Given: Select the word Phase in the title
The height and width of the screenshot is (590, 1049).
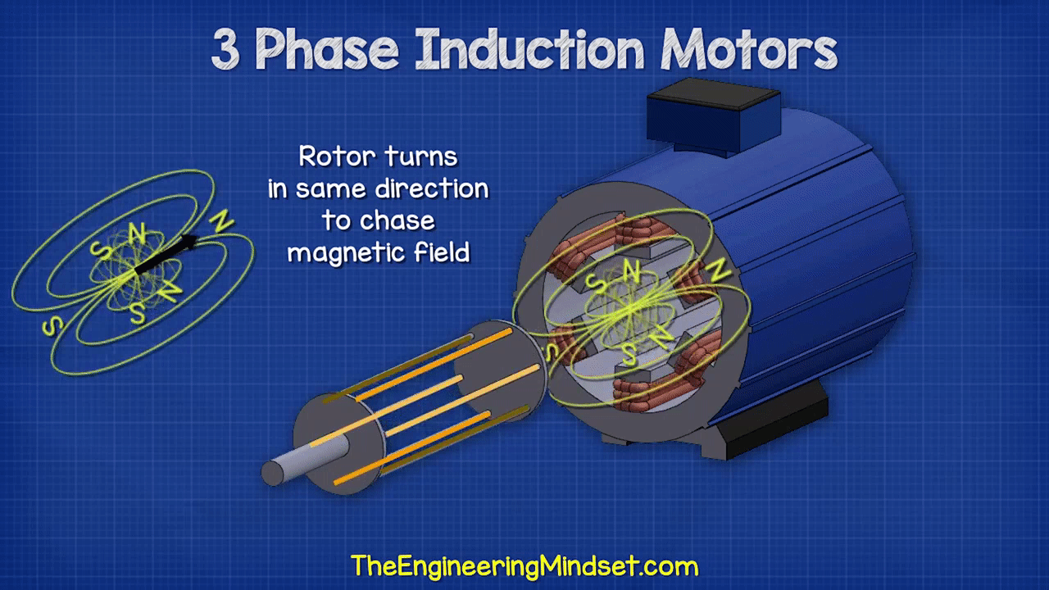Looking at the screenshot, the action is pos(326,48).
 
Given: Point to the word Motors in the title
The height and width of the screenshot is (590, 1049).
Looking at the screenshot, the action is pos(749,48).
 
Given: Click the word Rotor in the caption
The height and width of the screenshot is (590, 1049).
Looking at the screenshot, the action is pos(337,157).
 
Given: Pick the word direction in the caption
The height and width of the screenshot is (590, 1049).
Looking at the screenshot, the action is pos(432,188).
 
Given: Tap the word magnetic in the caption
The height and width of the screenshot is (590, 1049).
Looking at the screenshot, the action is pos(346,254).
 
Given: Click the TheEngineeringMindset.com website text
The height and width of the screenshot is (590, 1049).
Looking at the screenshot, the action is pos(524,565).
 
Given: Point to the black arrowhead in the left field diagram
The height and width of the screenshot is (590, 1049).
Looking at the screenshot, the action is pos(188,242).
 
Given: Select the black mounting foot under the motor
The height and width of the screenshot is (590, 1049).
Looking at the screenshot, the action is pos(773,421).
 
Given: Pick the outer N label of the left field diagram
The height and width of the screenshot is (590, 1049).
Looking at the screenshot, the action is pos(221,220).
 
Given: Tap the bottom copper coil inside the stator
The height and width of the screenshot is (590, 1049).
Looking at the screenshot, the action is pos(656,391).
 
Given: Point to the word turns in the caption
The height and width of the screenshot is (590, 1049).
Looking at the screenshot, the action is pos(420,157).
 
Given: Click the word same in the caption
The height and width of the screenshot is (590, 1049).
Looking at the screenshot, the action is pos(330,189).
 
